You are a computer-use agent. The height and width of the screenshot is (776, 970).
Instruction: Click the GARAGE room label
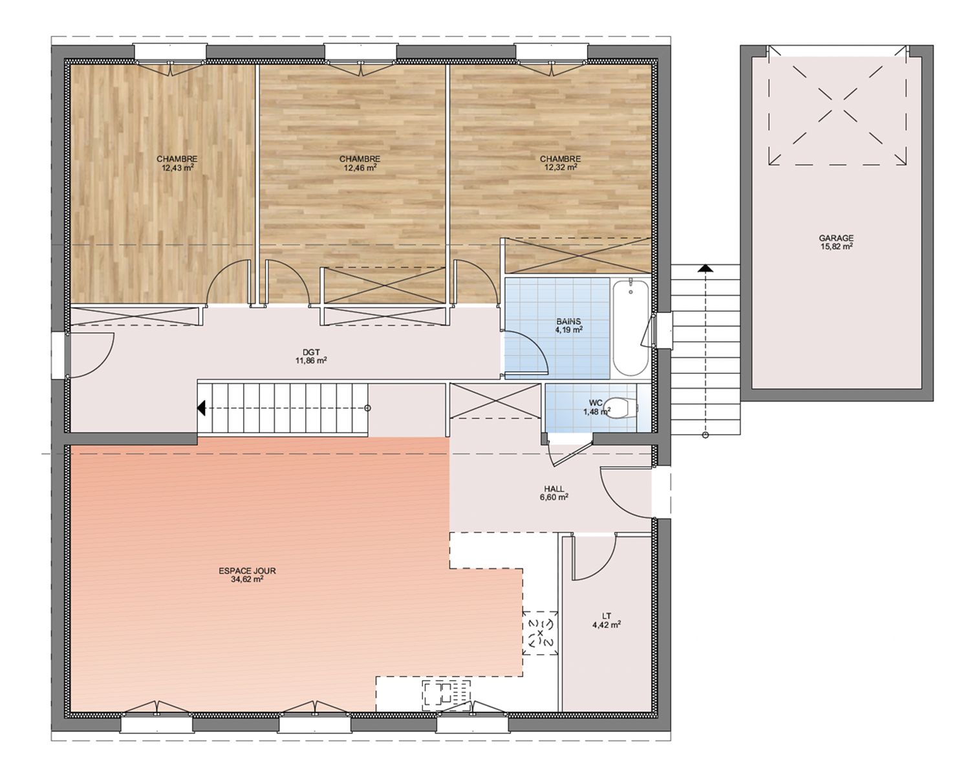(836, 237)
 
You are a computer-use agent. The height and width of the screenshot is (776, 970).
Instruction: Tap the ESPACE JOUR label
(247, 571)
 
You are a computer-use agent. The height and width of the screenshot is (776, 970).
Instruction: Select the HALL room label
(554, 489)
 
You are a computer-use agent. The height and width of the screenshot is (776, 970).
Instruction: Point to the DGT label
(311, 352)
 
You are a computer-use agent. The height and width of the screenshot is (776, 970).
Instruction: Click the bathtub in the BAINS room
(630, 327)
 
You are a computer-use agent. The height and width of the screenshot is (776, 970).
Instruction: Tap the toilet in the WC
(621, 408)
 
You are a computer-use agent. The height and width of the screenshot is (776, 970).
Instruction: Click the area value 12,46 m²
(360, 167)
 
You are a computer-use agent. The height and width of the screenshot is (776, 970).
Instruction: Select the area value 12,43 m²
(178, 167)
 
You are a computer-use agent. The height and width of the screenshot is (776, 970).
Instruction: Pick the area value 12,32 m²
(561, 167)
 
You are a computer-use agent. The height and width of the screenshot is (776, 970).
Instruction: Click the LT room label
(607, 616)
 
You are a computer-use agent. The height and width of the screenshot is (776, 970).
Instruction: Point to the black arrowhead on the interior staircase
(201, 408)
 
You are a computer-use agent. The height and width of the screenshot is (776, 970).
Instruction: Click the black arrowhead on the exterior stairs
(706, 269)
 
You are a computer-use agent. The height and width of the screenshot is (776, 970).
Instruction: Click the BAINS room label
(569, 321)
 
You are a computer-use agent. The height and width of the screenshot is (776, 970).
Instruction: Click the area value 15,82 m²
(836, 246)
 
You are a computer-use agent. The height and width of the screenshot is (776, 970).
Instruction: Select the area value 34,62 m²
(247, 580)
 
